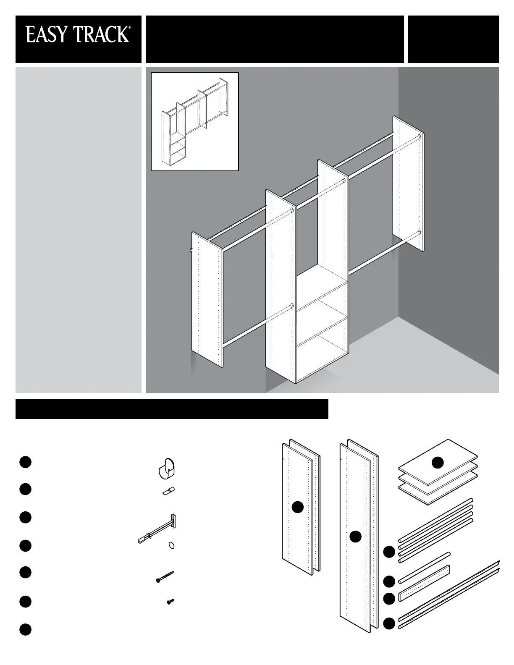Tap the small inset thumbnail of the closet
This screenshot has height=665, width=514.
(195, 122)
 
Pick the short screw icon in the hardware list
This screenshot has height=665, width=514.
(170, 602)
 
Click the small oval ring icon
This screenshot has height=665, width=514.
(171, 545)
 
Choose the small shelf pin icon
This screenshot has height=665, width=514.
(168, 491)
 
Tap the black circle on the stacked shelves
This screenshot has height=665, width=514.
(438, 462)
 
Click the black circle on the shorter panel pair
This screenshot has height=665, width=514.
(298, 507)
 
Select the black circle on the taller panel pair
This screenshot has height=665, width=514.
(356, 536)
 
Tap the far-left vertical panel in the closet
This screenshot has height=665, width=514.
(207, 301)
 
